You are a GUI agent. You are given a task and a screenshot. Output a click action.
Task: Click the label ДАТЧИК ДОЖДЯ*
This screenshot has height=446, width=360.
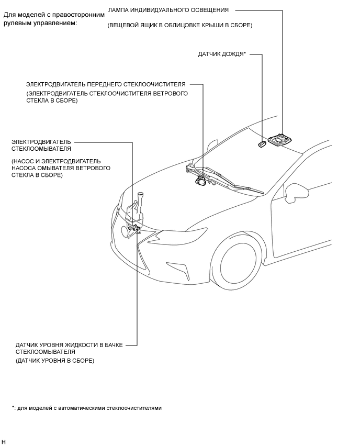(222, 54)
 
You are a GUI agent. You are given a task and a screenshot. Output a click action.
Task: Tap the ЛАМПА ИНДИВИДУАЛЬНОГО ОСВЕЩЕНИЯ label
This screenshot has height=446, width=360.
(168, 10)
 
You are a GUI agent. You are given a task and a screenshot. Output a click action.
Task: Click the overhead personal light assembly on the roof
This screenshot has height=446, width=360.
(280, 140)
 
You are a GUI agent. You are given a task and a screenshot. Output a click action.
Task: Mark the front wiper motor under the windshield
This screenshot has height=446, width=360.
(200, 181)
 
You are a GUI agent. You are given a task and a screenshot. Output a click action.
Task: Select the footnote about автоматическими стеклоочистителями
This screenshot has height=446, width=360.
(87, 408)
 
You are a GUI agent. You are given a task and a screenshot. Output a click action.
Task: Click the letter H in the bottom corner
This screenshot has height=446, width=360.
(4, 442)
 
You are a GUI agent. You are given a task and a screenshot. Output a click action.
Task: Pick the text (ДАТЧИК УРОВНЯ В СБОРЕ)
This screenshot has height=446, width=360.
(55, 361)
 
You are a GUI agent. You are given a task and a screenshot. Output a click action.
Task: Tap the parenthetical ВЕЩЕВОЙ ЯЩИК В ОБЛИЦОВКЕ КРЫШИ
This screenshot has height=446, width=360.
(179, 25)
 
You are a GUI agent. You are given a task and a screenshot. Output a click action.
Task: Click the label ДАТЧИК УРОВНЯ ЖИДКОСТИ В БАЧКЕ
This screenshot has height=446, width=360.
(69, 345)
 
